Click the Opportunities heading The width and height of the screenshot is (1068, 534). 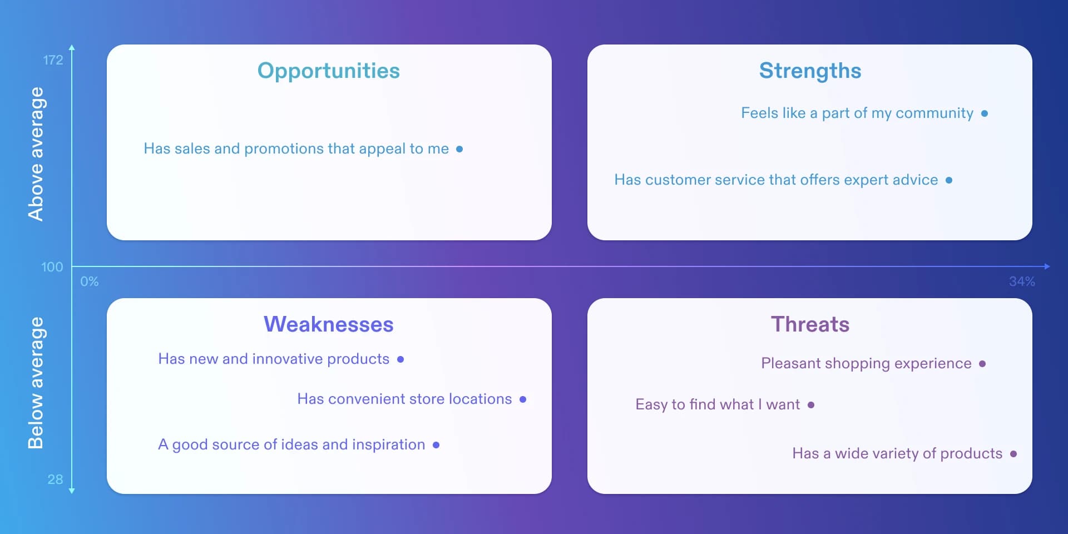[x=328, y=71]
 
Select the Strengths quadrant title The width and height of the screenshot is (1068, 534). [x=810, y=71]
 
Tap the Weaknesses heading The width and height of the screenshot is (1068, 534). [x=328, y=324]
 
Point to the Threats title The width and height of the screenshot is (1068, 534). [x=810, y=324]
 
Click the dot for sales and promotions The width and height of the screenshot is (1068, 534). [x=459, y=149]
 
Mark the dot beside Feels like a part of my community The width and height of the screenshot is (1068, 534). [x=985, y=113]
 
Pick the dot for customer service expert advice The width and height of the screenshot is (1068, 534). [x=949, y=180]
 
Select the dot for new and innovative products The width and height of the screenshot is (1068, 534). [x=400, y=359]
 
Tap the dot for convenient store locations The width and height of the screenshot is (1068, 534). [x=523, y=399]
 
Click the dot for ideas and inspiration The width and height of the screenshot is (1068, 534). [x=436, y=445]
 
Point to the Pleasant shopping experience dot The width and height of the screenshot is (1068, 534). [x=982, y=364]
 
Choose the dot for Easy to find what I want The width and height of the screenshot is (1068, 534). [x=811, y=405]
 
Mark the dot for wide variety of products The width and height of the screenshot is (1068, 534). [x=1013, y=454]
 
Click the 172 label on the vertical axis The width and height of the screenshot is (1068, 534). [x=53, y=60]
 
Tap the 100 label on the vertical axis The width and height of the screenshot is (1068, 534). [x=52, y=267]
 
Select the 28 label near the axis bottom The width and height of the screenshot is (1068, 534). [x=55, y=479]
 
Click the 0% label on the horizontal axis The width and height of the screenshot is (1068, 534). [x=90, y=281]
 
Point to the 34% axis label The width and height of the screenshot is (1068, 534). [x=1022, y=281]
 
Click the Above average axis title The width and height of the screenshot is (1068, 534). [x=36, y=154]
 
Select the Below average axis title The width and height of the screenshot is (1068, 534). [x=36, y=383]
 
